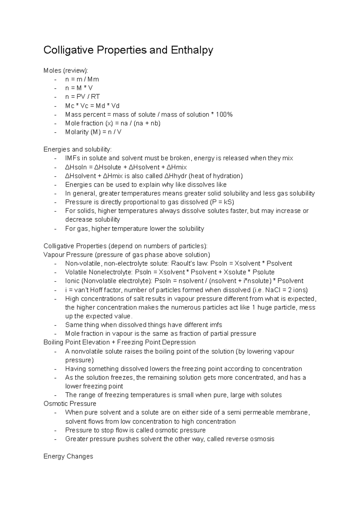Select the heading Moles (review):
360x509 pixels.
(x=66, y=70)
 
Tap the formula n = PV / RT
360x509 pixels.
(x=82, y=97)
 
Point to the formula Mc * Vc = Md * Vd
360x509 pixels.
(x=92, y=106)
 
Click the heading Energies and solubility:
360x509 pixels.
(x=77, y=149)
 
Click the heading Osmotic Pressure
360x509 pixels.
(x=70, y=403)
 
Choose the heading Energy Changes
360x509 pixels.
(x=68, y=456)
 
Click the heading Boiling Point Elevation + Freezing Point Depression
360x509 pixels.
(x=119, y=342)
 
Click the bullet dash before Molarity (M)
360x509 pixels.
(x=55, y=132)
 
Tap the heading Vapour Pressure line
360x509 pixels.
(x=127, y=255)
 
